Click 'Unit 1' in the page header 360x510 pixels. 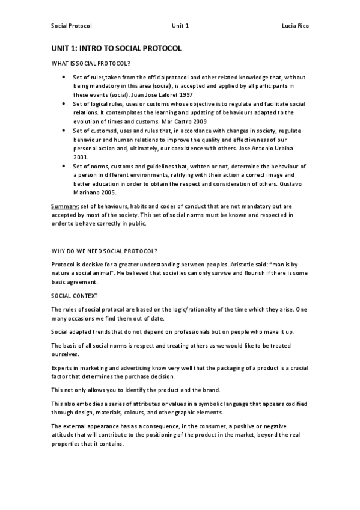(180, 26)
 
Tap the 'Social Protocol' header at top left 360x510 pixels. (72, 26)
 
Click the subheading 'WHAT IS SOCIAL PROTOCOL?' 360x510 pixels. (91, 64)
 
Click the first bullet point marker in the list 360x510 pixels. (64, 78)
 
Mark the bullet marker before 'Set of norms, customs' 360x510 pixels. (64, 165)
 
